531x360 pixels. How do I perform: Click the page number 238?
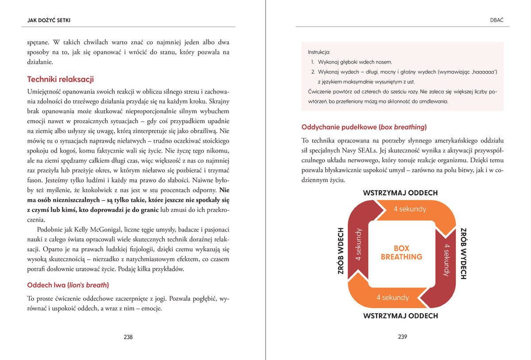tap(128, 337)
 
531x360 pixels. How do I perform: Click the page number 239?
tap(402, 337)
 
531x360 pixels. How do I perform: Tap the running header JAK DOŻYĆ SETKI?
tap(49, 20)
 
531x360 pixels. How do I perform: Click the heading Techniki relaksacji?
tap(61, 80)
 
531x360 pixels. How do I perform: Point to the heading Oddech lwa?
tap(68, 285)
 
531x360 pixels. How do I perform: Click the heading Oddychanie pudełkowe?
tap(364, 127)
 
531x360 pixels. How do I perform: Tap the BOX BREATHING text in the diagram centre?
tap(401, 253)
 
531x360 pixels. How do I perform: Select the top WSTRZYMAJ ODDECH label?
tap(400, 193)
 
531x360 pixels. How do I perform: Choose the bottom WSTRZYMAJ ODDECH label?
tap(400, 316)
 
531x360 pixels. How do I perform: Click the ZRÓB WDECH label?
tap(341, 251)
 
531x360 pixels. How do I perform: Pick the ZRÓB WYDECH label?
tap(463, 253)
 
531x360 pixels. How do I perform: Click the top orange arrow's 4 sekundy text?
tap(410, 209)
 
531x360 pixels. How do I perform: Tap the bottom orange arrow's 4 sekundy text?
tap(392, 298)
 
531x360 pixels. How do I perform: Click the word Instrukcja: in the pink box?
tap(319, 52)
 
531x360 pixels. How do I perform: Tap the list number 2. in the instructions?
tap(312, 72)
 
